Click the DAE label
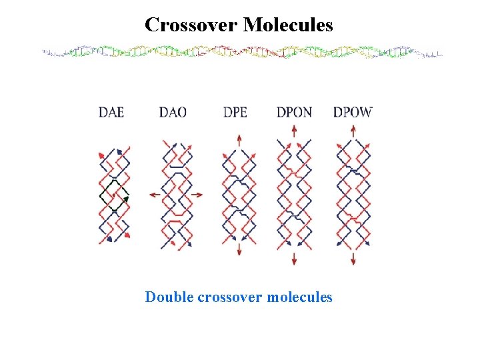click(x=111, y=111)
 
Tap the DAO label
click(x=173, y=111)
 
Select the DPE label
click(x=235, y=111)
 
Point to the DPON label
click(x=294, y=111)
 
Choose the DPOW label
click(x=353, y=111)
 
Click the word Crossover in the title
click(x=191, y=25)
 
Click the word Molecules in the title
click(x=288, y=25)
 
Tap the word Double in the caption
click(x=169, y=297)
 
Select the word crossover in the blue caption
click(x=230, y=297)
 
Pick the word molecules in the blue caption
click(x=299, y=297)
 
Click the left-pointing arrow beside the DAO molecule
click(x=153, y=195)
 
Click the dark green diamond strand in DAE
click(x=114, y=195)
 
